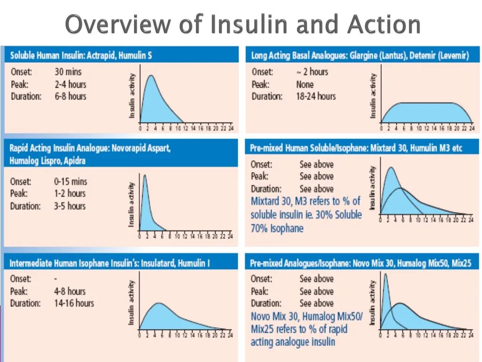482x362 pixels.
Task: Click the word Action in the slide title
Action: point(383,25)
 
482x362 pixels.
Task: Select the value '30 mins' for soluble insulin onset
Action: point(68,72)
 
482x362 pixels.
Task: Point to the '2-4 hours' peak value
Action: point(71,84)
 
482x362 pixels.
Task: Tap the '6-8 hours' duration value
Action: point(71,96)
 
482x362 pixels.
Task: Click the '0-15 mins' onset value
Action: point(71,181)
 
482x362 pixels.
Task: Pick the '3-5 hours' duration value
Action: point(70,206)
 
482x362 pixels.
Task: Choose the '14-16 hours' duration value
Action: point(74,303)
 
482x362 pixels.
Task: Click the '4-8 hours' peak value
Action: point(70,291)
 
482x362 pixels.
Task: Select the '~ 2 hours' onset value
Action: point(312,72)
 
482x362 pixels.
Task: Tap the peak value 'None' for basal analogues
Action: point(305,84)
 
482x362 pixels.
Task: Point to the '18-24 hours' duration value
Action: point(316,96)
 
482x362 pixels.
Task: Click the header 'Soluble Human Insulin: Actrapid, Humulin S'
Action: point(81,55)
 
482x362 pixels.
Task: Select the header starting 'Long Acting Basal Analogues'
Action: point(360,56)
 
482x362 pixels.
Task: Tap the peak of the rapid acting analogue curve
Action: point(145,175)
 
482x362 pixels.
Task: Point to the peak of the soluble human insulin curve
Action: point(151,76)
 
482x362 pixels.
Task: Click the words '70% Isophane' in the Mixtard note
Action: point(277,228)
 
